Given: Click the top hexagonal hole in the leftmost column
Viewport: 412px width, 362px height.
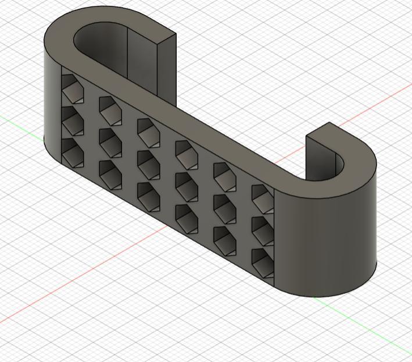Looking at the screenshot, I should tap(71, 88).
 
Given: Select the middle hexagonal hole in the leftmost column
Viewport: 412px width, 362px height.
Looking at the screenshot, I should tap(71, 120).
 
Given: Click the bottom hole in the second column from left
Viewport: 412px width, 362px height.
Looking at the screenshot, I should tap(110, 173).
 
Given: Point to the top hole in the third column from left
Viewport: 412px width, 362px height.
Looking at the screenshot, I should tap(148, 131).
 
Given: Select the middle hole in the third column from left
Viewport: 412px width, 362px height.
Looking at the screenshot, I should tap(148, 163).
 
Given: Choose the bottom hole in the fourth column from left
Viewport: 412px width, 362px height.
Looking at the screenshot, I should tap(186, 216).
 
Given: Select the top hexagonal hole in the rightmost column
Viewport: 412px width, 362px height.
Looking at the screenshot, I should tap(263, 197).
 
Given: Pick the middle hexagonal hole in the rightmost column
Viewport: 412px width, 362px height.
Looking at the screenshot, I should tap(263, 229).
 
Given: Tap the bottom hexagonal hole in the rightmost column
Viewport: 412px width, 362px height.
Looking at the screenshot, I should tap(263, 261).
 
